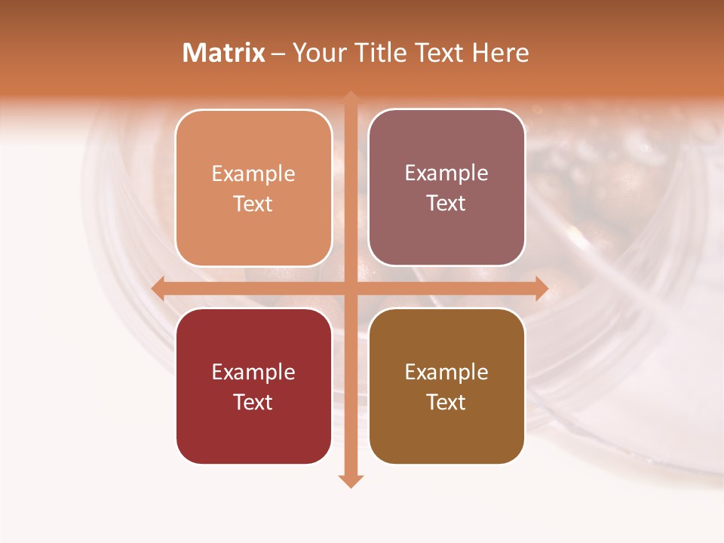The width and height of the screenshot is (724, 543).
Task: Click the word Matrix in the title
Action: click(224, 53)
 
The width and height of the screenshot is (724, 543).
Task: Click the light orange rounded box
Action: click(253, 188)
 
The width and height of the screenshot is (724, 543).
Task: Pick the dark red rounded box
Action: click(253, 386)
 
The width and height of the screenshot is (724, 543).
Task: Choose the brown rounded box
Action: click(446, 386)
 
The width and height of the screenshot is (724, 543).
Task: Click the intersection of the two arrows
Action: click(351, 288)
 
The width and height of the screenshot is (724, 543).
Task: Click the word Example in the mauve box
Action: click(446, 173)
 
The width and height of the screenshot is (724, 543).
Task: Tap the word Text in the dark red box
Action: click(253, 402)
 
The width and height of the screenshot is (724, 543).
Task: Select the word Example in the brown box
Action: click(446, 372)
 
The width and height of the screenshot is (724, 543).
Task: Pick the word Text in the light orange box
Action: click(253, 204)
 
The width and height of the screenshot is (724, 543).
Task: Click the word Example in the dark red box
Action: click(253, 372)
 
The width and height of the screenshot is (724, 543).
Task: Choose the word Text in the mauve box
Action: click(446, 203)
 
